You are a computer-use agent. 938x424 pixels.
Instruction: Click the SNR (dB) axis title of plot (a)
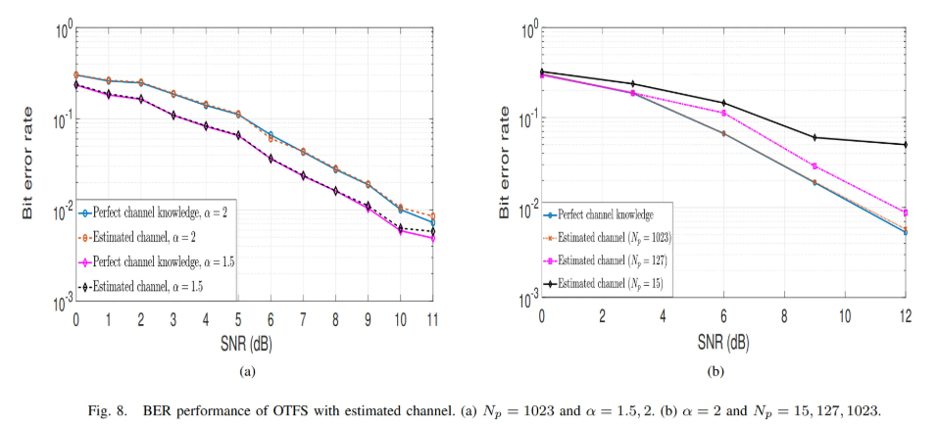point(256,344)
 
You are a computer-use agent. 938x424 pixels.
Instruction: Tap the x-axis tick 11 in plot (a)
point(432,319)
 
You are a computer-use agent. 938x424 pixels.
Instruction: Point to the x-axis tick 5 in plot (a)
point(237,319)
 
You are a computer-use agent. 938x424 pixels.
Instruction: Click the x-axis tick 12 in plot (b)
point(905,319)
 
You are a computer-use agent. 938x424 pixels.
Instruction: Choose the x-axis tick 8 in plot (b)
point(783,319)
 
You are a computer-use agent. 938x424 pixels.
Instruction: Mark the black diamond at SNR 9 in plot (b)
point(814,137)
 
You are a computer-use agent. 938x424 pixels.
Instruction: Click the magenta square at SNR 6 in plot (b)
point(722,113)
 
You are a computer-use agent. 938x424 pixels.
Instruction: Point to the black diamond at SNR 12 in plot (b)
point(905,145)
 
